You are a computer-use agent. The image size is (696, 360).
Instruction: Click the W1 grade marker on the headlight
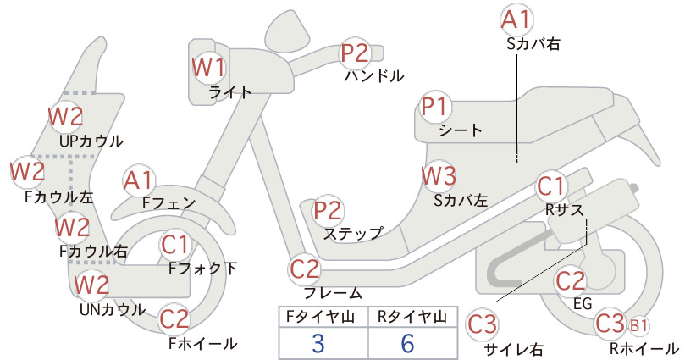(x=208, y=68)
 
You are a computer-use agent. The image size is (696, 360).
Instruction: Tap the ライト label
(x=230, y=92)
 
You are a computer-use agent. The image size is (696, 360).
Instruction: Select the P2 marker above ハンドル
(x=355, y=53)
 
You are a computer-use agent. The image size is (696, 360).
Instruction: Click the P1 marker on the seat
(x=436, y=107)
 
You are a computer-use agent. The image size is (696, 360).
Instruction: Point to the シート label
(x=461, y=130)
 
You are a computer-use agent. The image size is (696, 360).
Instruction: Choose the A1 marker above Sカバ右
(x=516, y=20)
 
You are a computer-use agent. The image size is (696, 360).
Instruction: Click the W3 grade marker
(x=438, y=176)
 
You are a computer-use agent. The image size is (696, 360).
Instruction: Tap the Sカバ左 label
(x=461, y=201)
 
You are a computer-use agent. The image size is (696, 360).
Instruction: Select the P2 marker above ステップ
(x=329, y=211)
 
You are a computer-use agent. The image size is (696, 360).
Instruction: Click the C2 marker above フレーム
(x=305, y=269)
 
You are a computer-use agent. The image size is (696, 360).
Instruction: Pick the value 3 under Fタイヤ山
(x=318, y=343)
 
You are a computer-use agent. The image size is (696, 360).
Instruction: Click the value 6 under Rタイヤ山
(x=407, y=343)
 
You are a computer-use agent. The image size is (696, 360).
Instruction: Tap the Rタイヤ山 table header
(x=412, y=317)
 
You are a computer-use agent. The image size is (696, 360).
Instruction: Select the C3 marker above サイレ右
(x=482, y=324)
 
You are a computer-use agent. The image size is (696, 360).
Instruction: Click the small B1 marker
(x=638, y=326)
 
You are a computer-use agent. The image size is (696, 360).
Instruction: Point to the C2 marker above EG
(x=571, y=281)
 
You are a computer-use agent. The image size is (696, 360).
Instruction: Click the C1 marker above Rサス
(x=551, y=186)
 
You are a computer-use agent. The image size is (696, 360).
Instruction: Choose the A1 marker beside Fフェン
(x=138, y=181)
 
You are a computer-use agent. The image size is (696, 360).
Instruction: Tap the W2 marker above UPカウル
(x=66, y=117)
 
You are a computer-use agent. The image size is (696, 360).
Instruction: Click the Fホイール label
(x=203, y=344)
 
